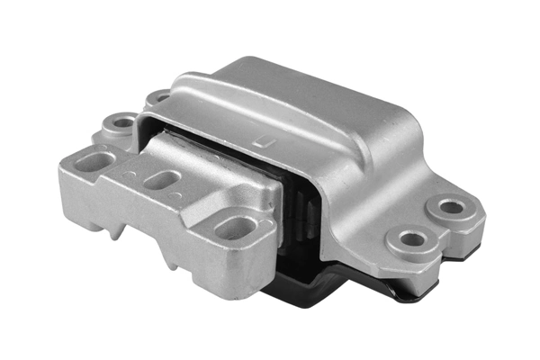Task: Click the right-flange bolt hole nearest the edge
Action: click(452, 207)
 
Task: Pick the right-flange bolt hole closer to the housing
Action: click(413, 239)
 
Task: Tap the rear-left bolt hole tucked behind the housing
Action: click(159, 95)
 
